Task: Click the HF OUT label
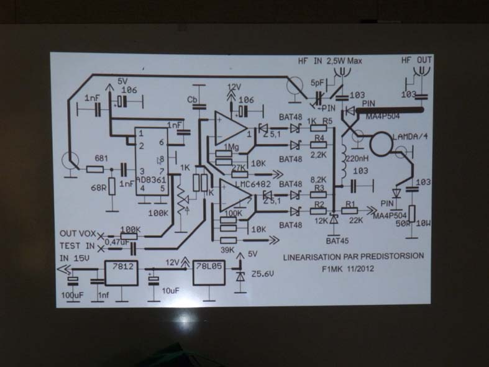click(x=416, y=60)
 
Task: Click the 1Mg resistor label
click(x=231, y=147)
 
